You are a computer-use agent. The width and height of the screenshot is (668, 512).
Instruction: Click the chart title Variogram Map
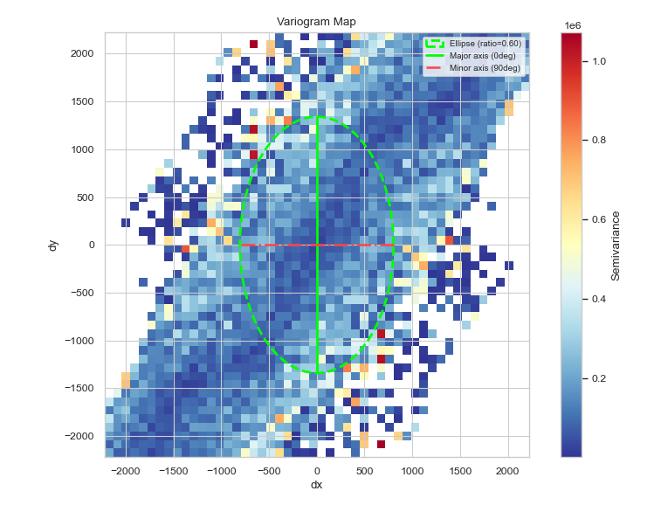point(317,22)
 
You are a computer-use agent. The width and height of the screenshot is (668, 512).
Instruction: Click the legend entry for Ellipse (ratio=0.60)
point(485,44)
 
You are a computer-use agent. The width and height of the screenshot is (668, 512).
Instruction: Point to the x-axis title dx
point(317,485)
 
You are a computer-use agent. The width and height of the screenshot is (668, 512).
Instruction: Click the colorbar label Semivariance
point(616,246)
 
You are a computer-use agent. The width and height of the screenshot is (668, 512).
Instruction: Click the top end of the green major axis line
point(317,117)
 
